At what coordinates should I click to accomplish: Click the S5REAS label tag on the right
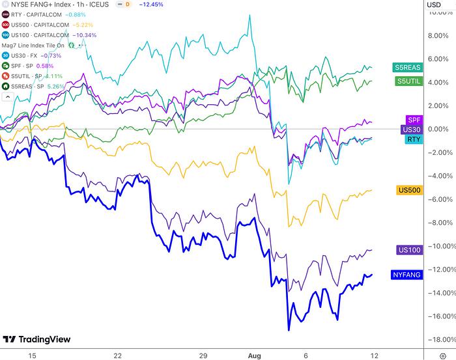point(407,68)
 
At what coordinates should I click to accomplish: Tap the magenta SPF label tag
point(413,120)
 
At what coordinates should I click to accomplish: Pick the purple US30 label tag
point(410,130)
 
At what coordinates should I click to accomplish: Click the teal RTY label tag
point(413,139)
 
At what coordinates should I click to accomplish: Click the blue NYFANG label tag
point(406,275)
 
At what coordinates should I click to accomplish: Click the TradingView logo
point(36,339)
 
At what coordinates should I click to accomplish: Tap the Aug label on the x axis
point(255,354)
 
